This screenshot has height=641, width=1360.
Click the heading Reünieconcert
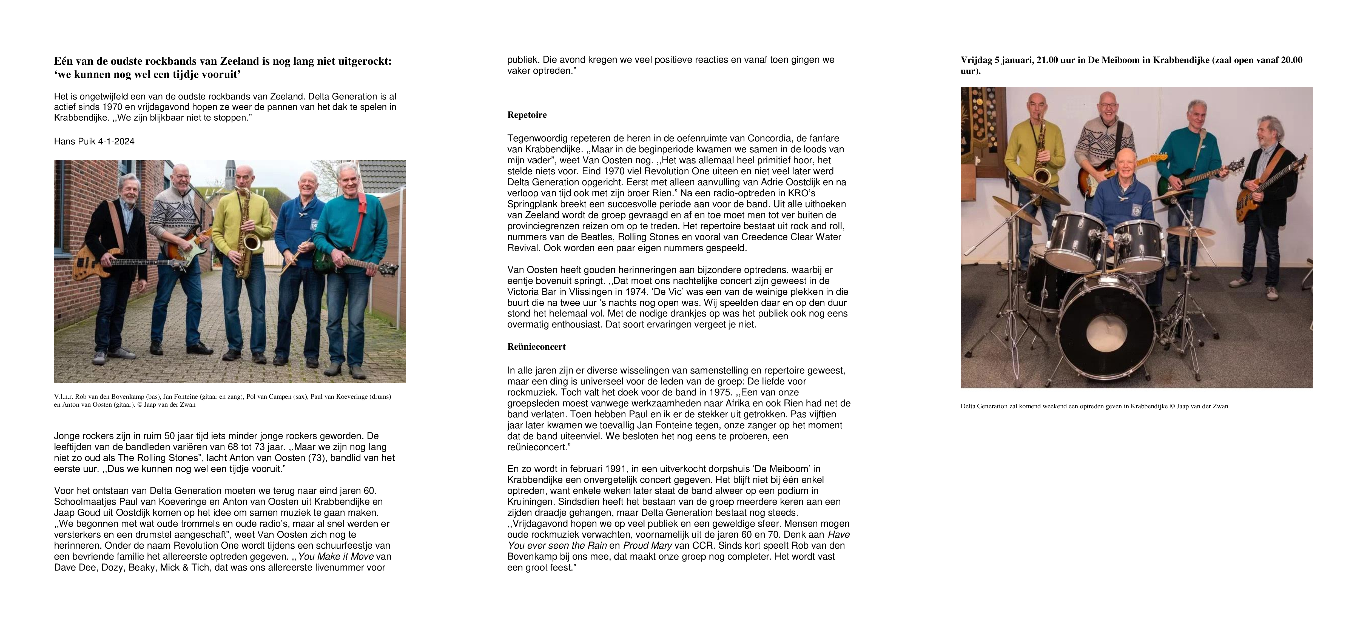point(536,347)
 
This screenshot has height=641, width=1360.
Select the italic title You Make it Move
point(336,557)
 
